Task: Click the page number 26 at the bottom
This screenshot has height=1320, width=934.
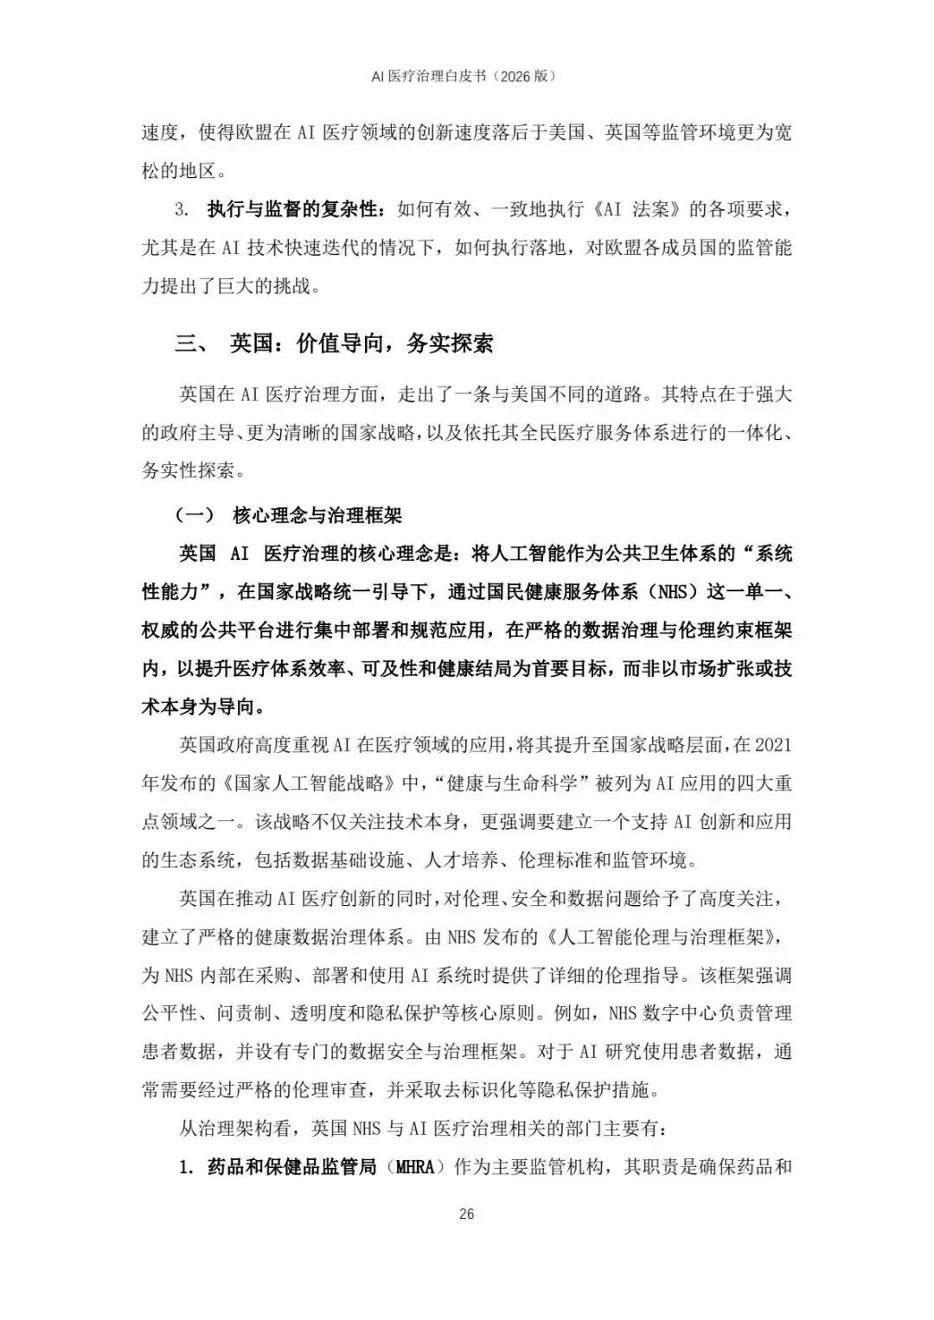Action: pos(466,1214)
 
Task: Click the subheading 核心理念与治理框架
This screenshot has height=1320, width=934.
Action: pos(317,516)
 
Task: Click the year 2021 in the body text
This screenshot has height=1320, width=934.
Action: pos(771,745)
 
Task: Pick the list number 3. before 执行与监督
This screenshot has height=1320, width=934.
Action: pos(182,209)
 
